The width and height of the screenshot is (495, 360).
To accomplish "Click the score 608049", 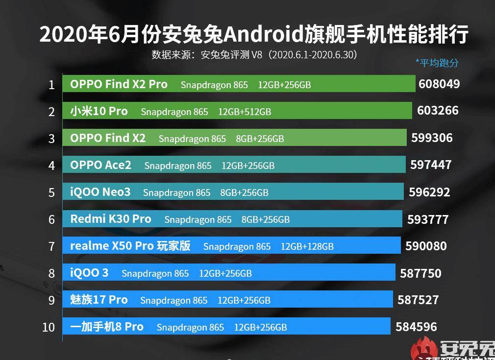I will click(439, 84).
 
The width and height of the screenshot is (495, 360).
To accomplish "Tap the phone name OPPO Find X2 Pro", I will click(119, 84).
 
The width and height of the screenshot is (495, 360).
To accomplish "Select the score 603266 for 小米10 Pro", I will click(438, 111).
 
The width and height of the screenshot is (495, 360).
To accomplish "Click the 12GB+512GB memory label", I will click(245, 112).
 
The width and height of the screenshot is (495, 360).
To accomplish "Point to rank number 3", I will click(51, 139).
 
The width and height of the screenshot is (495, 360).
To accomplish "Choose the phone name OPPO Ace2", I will click(100, 165).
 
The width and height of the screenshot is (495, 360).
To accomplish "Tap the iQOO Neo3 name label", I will click(100, 192).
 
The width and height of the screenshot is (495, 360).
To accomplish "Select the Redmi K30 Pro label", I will click(111, 219).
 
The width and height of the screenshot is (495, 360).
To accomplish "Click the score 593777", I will click(428, 219).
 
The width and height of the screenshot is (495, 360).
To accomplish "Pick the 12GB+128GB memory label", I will click(307, 246).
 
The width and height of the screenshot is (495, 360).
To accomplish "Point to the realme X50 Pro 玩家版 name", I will click(130, 246).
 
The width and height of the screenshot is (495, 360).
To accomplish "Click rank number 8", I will click(51, 273).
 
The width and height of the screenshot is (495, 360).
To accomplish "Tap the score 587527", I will click(418, 300).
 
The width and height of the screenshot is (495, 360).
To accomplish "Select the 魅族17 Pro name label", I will click(99, 300).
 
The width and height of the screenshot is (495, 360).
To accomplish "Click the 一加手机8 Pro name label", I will click(107, 327).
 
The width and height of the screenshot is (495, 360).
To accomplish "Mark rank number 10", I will click(49, 327).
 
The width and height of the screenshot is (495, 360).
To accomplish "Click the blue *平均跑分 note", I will click(437, 63).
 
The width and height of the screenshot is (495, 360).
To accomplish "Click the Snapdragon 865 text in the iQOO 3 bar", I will click(155, 273).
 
